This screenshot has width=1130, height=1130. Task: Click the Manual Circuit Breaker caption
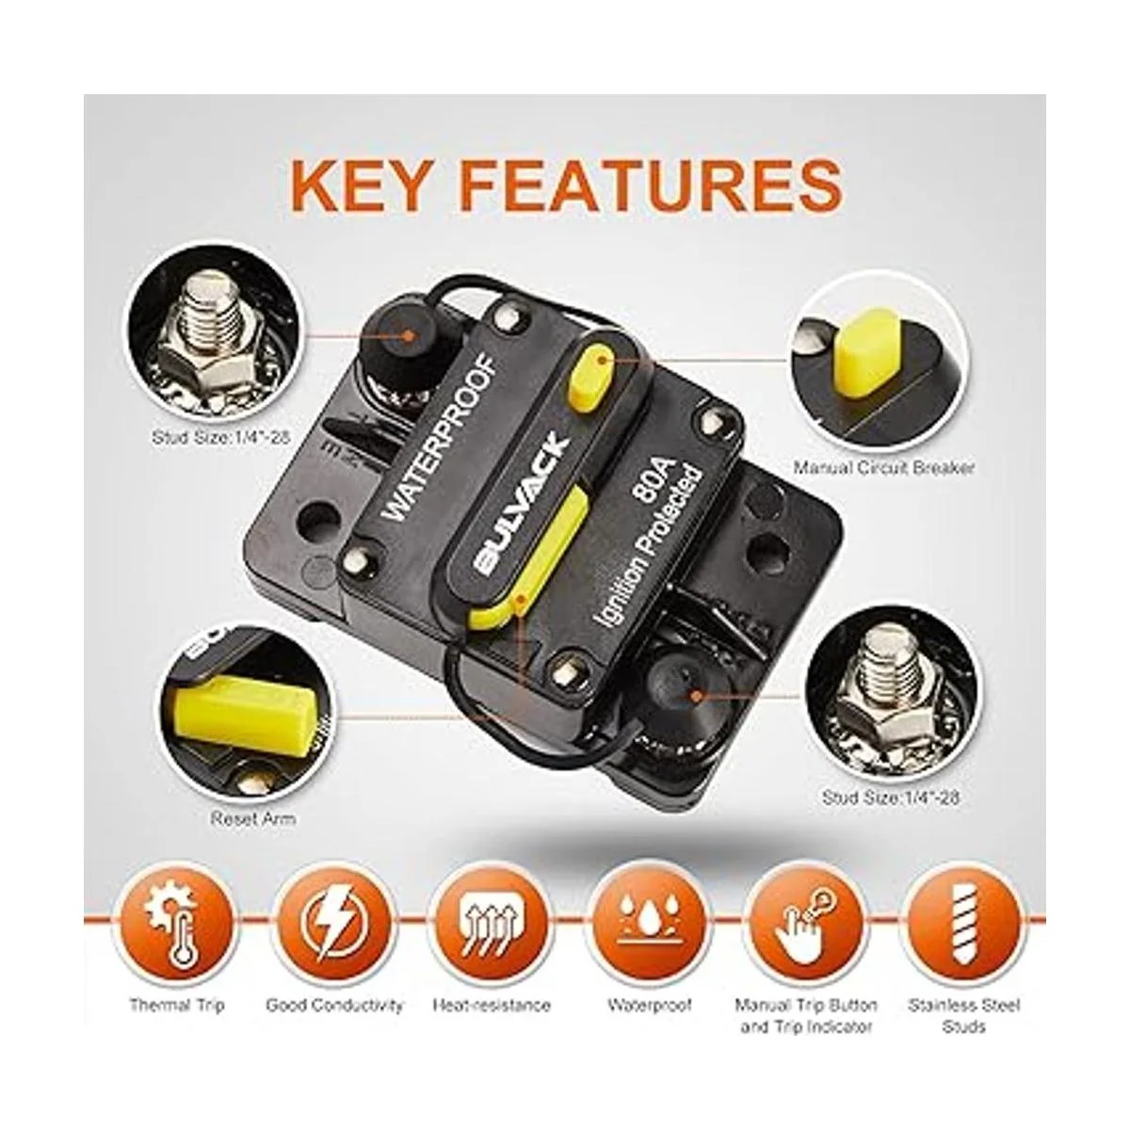[883, 468]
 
